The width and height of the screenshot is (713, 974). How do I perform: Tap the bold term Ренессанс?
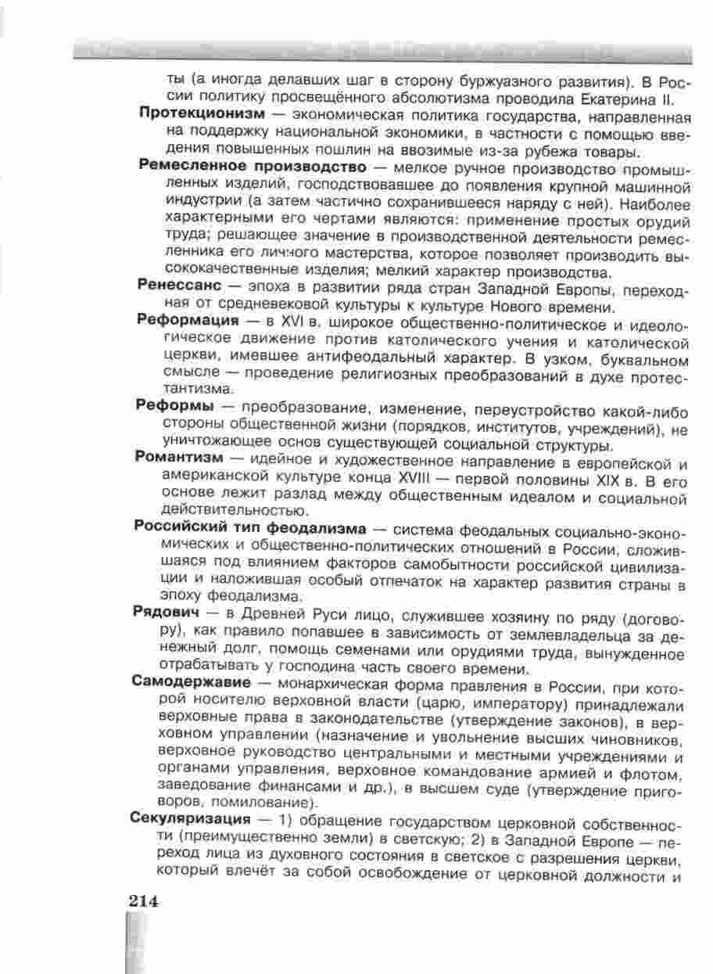pos(177,286)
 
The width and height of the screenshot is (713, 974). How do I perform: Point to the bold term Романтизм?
pos(180,458)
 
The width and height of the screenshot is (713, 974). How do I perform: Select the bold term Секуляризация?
pos(191,821)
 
